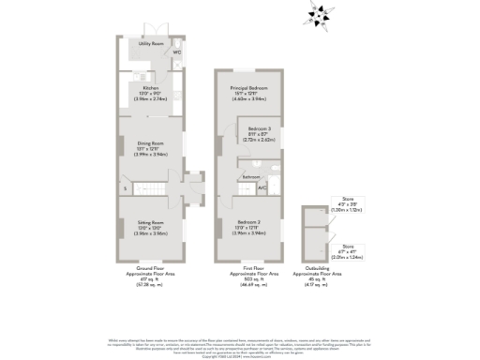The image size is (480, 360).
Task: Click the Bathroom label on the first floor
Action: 251,177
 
